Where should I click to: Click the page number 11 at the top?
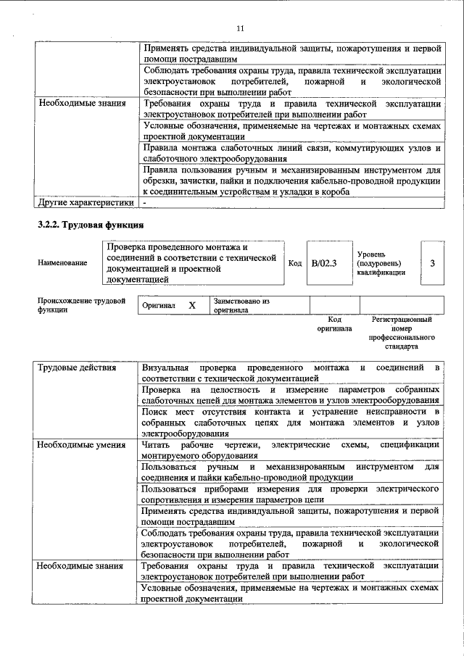click(x=241, y=28)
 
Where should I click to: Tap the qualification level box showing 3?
click(x=432, y=263)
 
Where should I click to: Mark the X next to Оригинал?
click(x=192, y=305)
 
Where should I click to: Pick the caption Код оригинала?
click(x=334, y=323)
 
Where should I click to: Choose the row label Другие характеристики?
click(x=86, y=202)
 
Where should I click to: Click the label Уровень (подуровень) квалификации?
click(x=382, y=263)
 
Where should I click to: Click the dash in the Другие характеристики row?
click(x=146, y=202)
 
